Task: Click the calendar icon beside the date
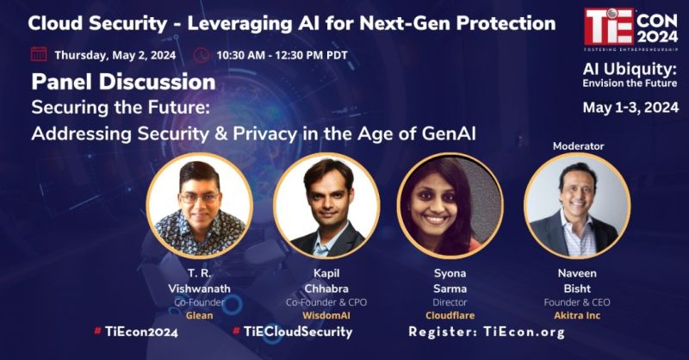click(39, 54)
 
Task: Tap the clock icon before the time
click(201, 54)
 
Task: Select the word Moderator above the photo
click(578, 146)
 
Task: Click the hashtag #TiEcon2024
click(134, 332)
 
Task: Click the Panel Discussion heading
click(123, 82)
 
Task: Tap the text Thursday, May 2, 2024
click(115, 54)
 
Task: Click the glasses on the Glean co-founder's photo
click(199, 196)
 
